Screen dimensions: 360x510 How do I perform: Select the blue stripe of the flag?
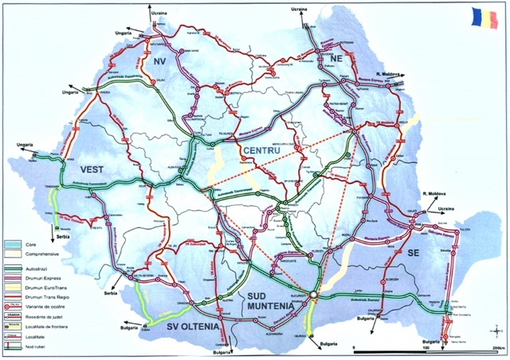[477, 16]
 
